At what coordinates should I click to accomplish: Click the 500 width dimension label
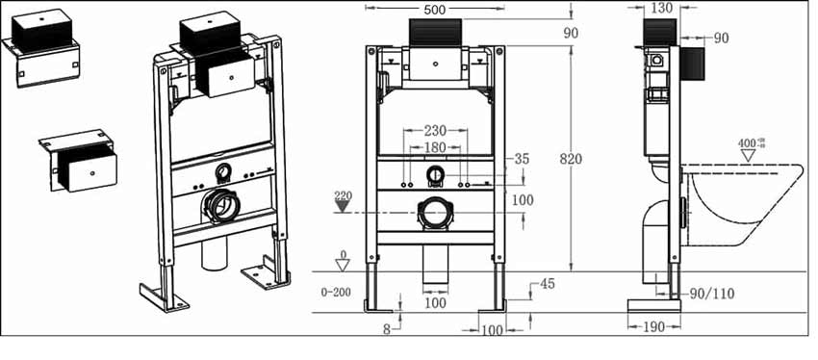coord(435,9)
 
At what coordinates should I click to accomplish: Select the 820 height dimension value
coord(572,159)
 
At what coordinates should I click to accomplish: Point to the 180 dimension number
coord(435,147)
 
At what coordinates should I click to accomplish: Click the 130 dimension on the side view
coord(662,8)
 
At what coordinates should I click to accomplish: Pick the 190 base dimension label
coord(653,326)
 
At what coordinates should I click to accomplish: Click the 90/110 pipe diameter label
coord(712,295)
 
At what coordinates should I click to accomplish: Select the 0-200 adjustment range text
coord(336,293)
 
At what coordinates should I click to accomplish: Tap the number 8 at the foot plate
coord(387,329)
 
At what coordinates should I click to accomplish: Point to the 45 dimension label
coord(547,284)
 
